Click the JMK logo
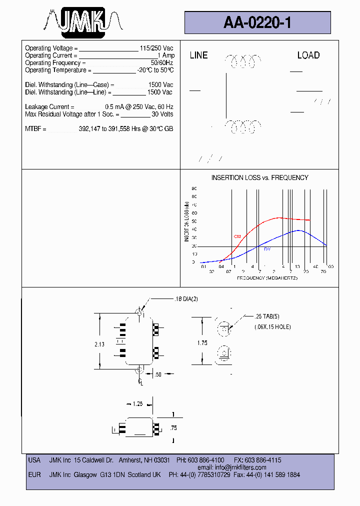83,22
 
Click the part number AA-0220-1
257,22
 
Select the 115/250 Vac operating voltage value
156,48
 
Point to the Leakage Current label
49,107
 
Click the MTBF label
35,129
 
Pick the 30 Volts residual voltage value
162,114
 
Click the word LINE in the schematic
198,55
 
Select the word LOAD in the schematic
308,55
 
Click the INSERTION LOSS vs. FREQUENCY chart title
259,177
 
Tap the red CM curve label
237,236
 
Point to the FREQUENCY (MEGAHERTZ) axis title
267,278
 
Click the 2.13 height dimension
99,344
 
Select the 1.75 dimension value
202,343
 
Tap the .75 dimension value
173,428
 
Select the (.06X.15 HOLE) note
272,327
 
